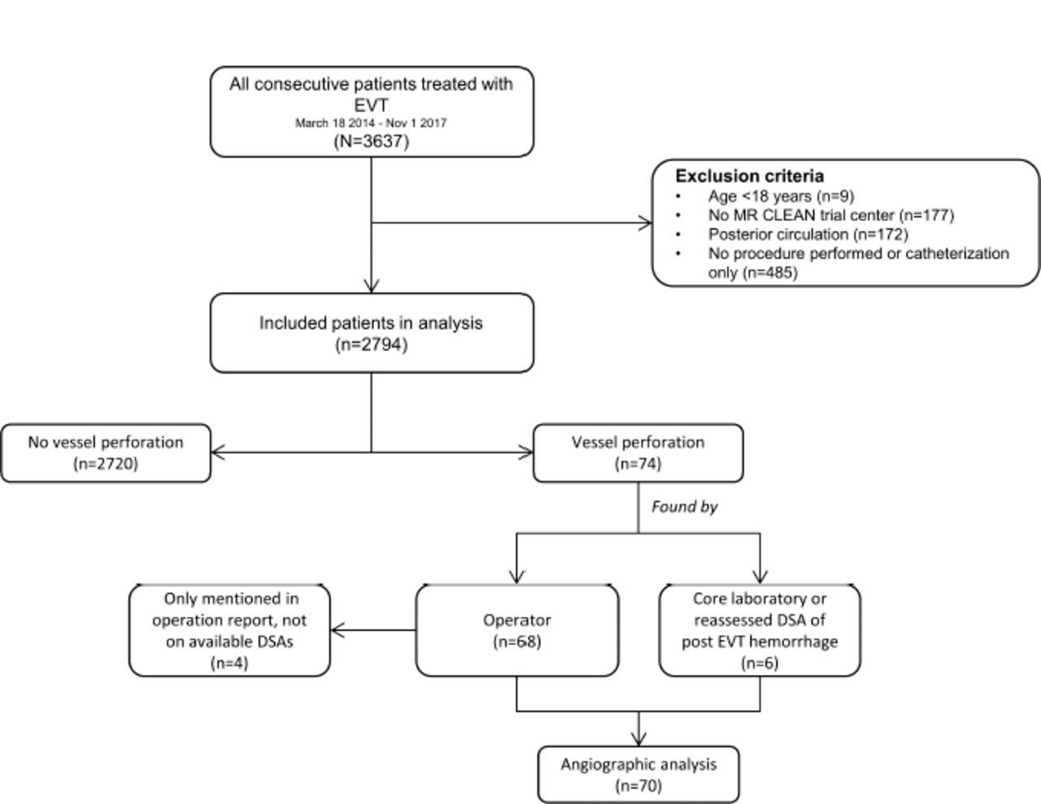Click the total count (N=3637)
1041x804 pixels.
click(x=372, y=142)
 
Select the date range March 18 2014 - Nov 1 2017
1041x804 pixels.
click(x=371, y=123)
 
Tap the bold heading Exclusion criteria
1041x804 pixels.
click(x=750, y=177)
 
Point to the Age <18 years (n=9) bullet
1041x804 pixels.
click(x=781, y=196)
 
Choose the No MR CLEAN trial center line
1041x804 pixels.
click(x=831, y=215)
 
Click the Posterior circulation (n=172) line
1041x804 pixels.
click(x=808, y=234)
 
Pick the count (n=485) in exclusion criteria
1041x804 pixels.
click(x=770, y=273)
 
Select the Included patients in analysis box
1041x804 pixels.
click(x=372, y=333)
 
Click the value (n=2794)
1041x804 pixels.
click(x=372, y=344)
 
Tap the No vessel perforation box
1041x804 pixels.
click(x=106, y=452)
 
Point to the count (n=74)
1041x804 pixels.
click(x=638, y=463)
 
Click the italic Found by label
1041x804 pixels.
click(x=685, y=506)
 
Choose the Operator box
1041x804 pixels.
click(x=517, y=630)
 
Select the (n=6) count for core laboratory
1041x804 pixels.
click(x=760, y=663)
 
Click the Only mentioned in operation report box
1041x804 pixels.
click(x=229, y=630)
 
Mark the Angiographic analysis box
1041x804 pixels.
click(x=638, y=774)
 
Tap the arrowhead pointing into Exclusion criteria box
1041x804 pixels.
click(x=646, y=222)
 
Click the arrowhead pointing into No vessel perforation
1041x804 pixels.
click(x=217, y=452)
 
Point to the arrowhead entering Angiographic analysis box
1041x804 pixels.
click(x=638, y=740)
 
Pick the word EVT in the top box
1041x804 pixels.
click(x=371, y=105)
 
